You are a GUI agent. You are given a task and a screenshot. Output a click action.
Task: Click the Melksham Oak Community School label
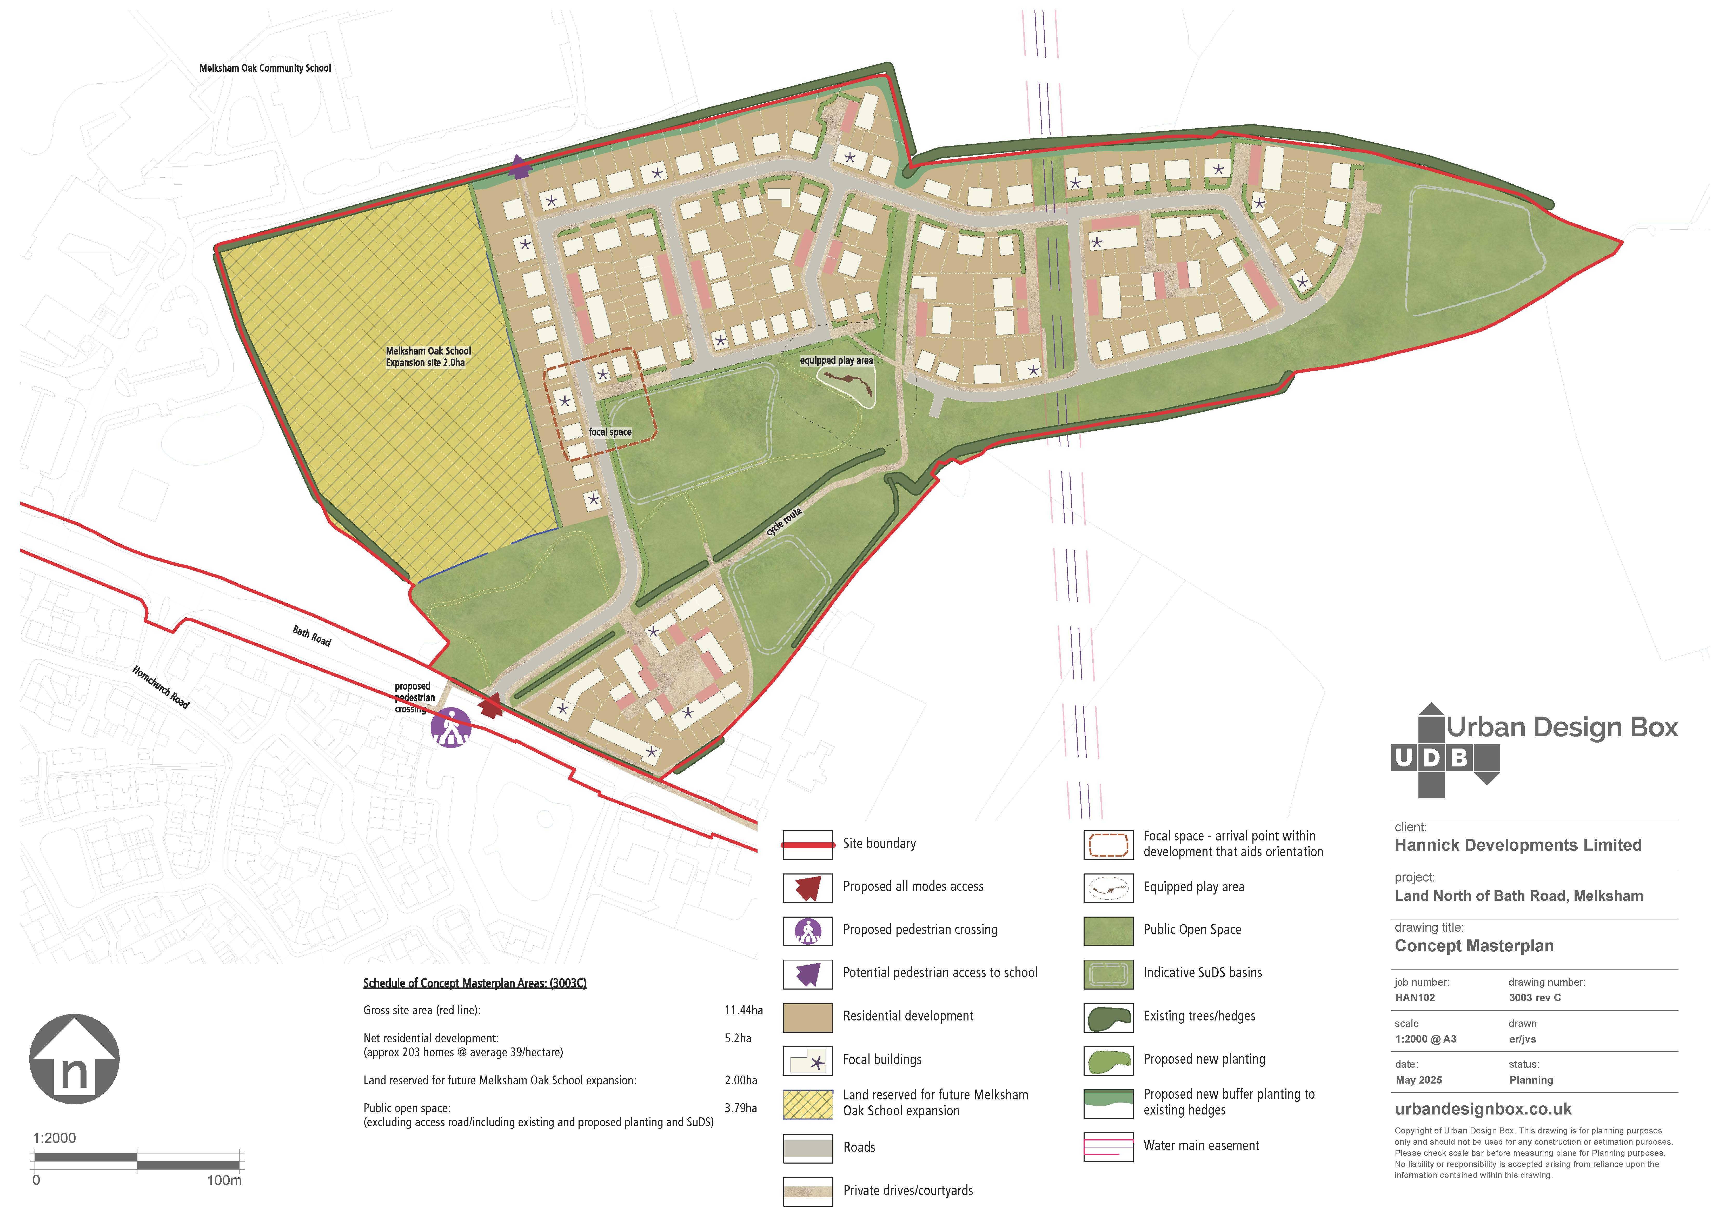click(x=265, y=68)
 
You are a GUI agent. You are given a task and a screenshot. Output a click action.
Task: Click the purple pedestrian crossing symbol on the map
click(x=451, y=728)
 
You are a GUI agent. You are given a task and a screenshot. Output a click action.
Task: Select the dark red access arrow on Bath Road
click(x=491, y=705)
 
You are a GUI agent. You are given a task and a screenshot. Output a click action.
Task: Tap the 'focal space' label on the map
click(x=610, y=432)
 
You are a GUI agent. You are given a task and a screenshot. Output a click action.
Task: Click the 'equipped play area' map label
click(x=836, y=360)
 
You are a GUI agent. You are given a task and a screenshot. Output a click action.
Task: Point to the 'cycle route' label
click(x=784, y=521)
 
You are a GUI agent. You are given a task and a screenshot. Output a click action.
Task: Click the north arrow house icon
click(x=74, y=1059)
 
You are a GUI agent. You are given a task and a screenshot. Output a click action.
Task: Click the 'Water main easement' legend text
click(x=1201, y=1145)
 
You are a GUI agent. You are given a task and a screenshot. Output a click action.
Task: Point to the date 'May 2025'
click(x=1419, y=1080)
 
